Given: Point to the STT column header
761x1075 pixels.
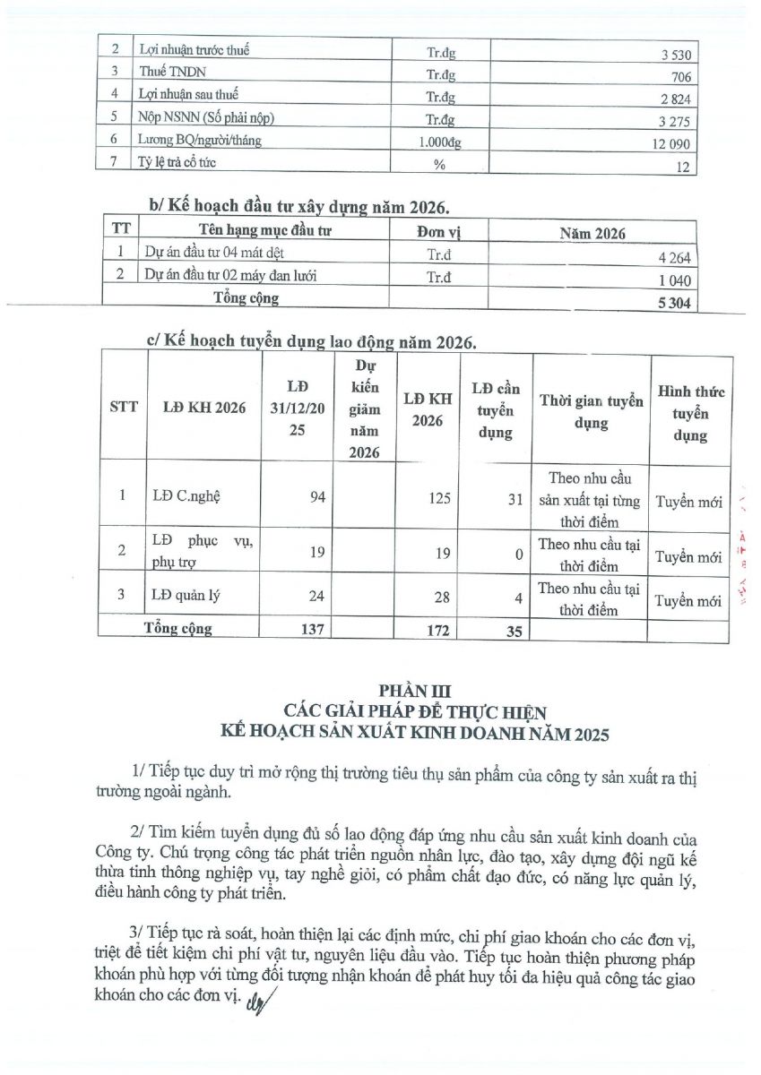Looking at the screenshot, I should tap(123, 406).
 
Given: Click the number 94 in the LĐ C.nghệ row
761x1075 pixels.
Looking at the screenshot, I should tap(317, 498).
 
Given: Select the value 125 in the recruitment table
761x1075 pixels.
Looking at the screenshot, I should tap(439, 498).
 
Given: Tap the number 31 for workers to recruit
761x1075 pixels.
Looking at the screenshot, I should tap(513, 499).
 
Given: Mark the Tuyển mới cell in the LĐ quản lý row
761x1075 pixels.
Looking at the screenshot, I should tap(687, 601).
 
